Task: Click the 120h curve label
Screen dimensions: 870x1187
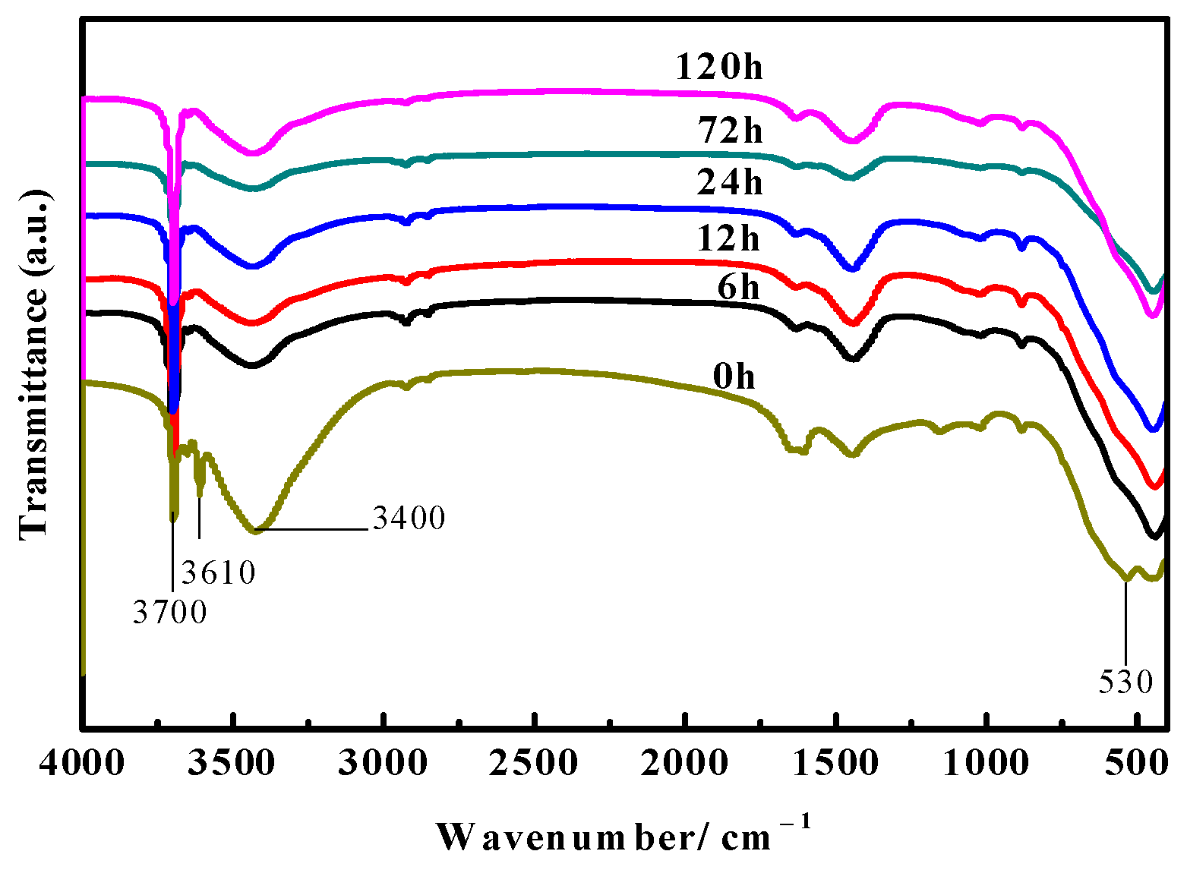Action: [718, 68]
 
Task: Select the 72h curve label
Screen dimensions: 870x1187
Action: [731, 131]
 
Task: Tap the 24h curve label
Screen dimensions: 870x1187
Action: [729, 183]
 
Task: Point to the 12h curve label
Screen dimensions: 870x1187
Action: [728, 239]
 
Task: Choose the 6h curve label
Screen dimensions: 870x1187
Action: [737, 288]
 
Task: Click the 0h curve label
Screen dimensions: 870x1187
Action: [734, 377]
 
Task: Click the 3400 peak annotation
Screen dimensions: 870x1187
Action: [409, 518]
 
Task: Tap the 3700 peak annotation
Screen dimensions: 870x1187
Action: [169, 612]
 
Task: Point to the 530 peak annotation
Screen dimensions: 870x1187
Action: [1125, 682]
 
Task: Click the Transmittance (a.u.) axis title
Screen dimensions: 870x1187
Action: [34, 364]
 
